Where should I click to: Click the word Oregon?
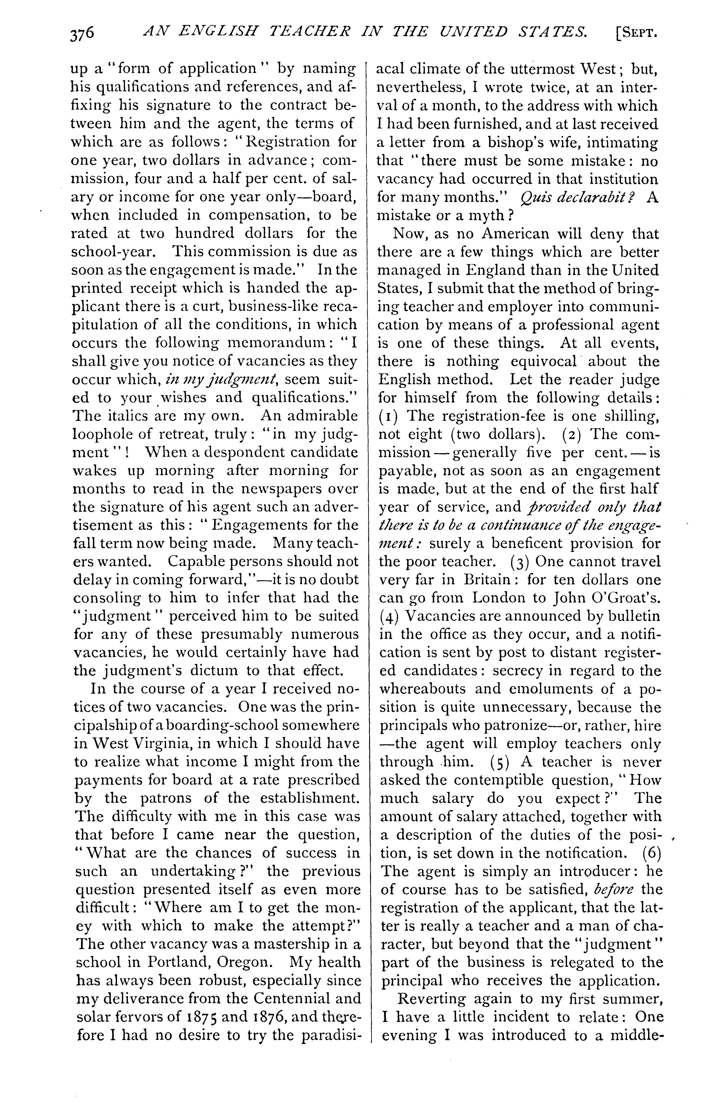click(x=244, y=962)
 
